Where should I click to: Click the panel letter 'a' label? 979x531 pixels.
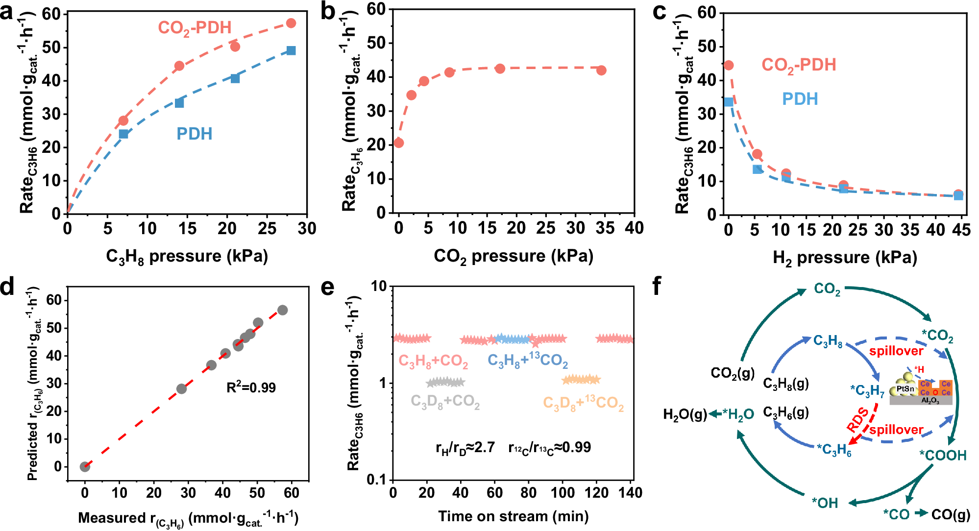pyautogui.click(x=7, y=12)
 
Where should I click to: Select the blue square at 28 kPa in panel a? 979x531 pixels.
pyautogui.click(x=291, y=50)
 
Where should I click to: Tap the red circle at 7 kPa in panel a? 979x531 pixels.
pyautogui.click(x=123, y=121)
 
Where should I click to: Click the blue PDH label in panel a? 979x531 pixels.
pyautogui.click(x=195, y=134)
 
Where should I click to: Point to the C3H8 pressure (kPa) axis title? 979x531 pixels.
pyautogui.click(x=187, y=256)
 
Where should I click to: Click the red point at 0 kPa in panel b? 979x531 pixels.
pyautogui.click(x=399, y=143)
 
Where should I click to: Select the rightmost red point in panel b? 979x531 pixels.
pyautogui.click(x=602, y=71)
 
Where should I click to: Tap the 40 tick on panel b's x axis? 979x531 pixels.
pyautogui.click(x=634, y=228)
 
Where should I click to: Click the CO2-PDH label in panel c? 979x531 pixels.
pyautogui.click(x=799, y=65)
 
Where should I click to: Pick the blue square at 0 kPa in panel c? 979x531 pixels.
pyautogui.click(x=729, y=102)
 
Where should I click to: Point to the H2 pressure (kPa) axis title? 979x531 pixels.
pyautogui.click(x=845, y=258)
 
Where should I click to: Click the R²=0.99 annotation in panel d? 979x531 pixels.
pyautogui.click(x=251, y=387)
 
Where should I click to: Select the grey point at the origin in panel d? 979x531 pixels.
pyautogui.click(x=85, y=466)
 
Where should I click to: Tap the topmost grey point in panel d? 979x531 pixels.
pyautogui.click(x=282, y=310)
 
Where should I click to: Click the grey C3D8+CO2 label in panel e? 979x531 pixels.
pyautogui.click(x=445, y=402)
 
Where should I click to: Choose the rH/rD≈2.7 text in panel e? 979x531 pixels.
pyautogui.click(x=465, y=447)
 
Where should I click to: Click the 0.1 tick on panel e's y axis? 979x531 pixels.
pyautogui.click(x=377, y=480)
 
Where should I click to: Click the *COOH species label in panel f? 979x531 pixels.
pyautogui.click(x=943, y=455)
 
